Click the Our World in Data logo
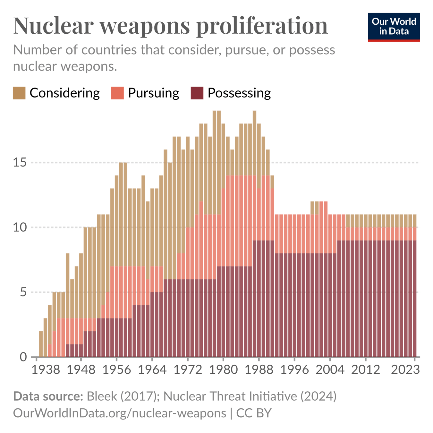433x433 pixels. click(x=394, y=27)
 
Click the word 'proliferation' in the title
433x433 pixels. click(x=262, y=26)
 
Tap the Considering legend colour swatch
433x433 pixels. click(x=19, y=93)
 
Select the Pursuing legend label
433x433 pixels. click(x=153, y=93)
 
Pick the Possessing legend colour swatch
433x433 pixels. click(x=197, y=93)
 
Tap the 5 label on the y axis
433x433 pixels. click(x=23, y=292)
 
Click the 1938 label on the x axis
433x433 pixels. click(x=46, y=370)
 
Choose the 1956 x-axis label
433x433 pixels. click(x=116, y=370)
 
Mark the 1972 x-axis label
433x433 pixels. click(x=188, y=370)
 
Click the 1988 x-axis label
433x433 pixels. click(x=259, y=370)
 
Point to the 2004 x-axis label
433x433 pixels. click(x=330, y=370)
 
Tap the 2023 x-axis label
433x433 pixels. click(x=405, y=370)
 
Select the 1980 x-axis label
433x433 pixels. click(x=223, y=370)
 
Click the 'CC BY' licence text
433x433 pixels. click(x=254, y=413)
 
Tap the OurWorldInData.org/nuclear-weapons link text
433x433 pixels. click(x=119, y=413)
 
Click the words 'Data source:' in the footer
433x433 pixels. click(x=48, y=396)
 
